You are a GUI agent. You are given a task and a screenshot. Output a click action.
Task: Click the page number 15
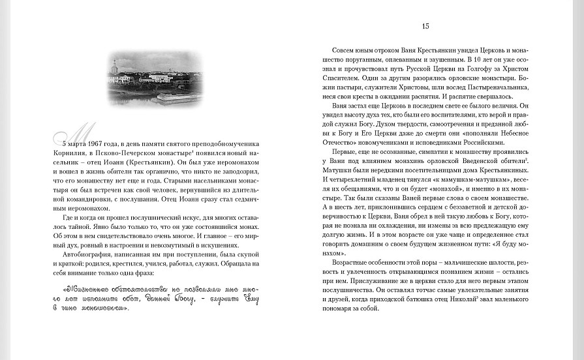[425, 26]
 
